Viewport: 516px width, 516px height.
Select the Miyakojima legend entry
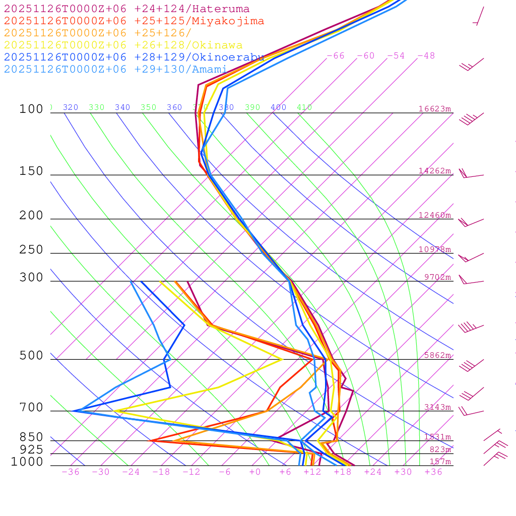pyautogui.click(x=134, y=21)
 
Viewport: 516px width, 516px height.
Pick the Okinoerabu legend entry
pyautogui.click(x=134, y=57)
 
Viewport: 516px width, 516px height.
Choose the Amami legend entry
pyautogui.click(x=115, y=70)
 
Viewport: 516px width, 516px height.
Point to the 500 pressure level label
pyautogui.click(x=31, y=356)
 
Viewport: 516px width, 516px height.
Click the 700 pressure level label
pyautogui.click(x=31, y=408)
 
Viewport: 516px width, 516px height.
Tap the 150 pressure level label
pyautogui.click(x=31, y=171)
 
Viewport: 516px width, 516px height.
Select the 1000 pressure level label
pyautogui.click(x=27, y=462)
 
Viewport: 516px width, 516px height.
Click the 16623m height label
pyautogui.click(x=434, y=109)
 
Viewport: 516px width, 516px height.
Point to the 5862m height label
pyautogui.click(x=437, y=355)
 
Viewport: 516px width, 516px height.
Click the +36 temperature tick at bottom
pyautogui.click(x=433, y=472)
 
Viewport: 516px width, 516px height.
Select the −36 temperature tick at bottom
pyautogui.click(x=71, y=472)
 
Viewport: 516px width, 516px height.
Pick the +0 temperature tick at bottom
pyautogui.click(x=255, y=472)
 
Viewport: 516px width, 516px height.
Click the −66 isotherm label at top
pyautogui.click(x=336, y=56)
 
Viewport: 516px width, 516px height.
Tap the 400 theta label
pyautogui.click(x=278, y=107)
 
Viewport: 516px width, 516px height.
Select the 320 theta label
pyautogui.click(x=71, y=107)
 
